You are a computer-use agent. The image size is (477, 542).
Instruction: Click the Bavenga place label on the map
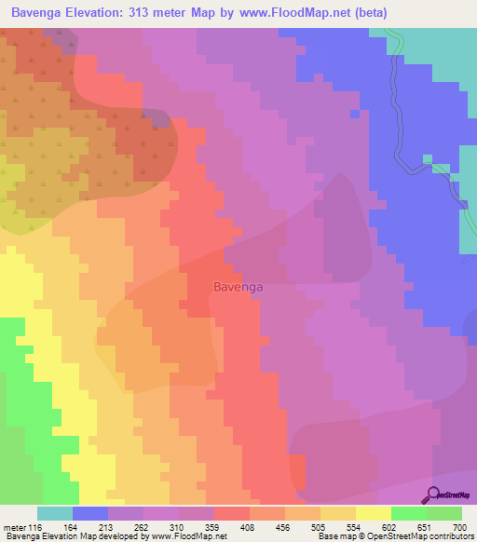(238, 287)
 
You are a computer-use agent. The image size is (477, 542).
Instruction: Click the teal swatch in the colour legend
(55, 514)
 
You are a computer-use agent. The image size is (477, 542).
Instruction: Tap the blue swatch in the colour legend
(90, 514)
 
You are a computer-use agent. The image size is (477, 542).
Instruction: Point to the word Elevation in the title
(106, 13)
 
